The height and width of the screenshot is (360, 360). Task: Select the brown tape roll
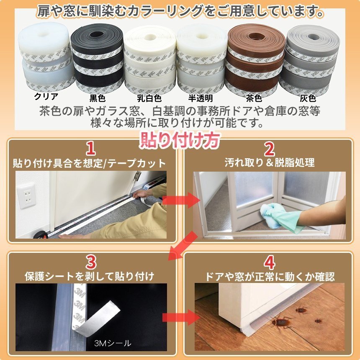255,60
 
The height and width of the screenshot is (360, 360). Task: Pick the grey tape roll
309,60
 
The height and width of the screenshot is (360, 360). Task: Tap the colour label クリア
46,96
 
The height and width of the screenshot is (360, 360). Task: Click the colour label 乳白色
149,98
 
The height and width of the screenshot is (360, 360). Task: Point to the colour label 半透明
201,98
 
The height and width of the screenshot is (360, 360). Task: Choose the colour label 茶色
254,98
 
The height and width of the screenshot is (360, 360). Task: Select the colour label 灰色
308,98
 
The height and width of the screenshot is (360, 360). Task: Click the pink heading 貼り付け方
180,140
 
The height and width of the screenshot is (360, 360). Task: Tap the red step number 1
91,149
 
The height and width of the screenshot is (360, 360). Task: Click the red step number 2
269,149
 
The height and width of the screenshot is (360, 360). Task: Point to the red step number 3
91,262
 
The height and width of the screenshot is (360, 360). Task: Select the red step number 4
269,262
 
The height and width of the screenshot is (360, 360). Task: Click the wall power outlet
27,195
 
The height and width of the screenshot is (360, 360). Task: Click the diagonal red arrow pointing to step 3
183,246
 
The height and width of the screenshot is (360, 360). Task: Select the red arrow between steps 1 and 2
181,200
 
